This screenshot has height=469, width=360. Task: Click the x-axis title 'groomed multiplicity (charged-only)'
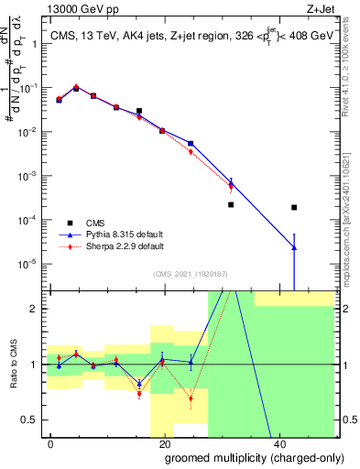click(242, 457)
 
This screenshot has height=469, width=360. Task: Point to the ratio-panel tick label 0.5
click(31, 420)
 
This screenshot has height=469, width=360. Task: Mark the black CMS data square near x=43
click(294, 208)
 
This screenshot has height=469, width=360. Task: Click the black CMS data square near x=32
click(231, 204)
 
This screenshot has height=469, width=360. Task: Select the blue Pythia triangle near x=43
click(294, 246)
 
